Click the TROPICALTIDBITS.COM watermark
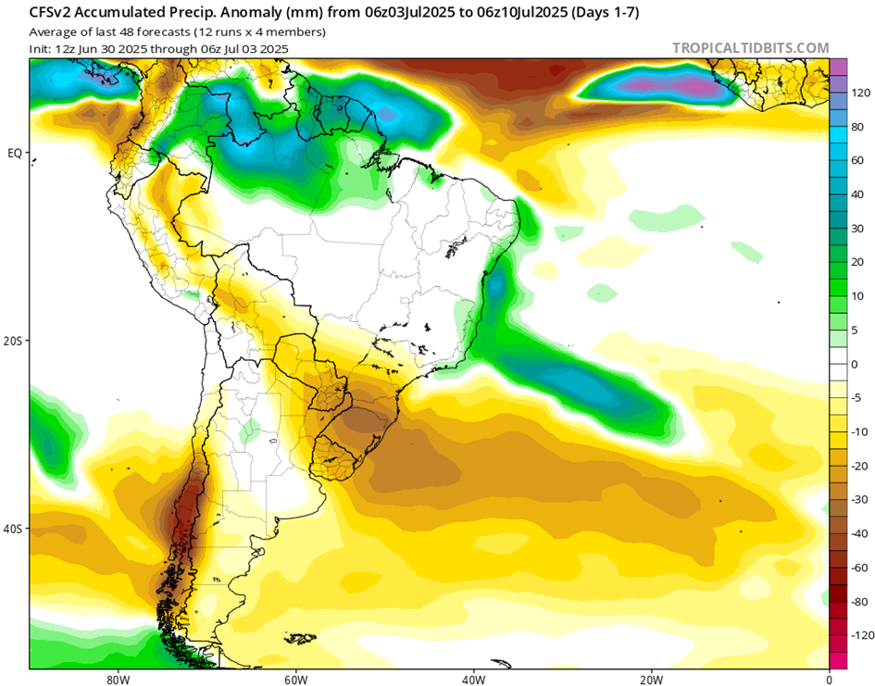tap(750, 48)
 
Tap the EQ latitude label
tap(15, 154)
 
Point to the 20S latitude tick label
tap(13, 341)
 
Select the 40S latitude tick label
tap(13, 529)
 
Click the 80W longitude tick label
tap(118, 677)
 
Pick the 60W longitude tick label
tap(294, 677)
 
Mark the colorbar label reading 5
tap(856, 330)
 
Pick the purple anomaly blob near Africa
tap(659, 86)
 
